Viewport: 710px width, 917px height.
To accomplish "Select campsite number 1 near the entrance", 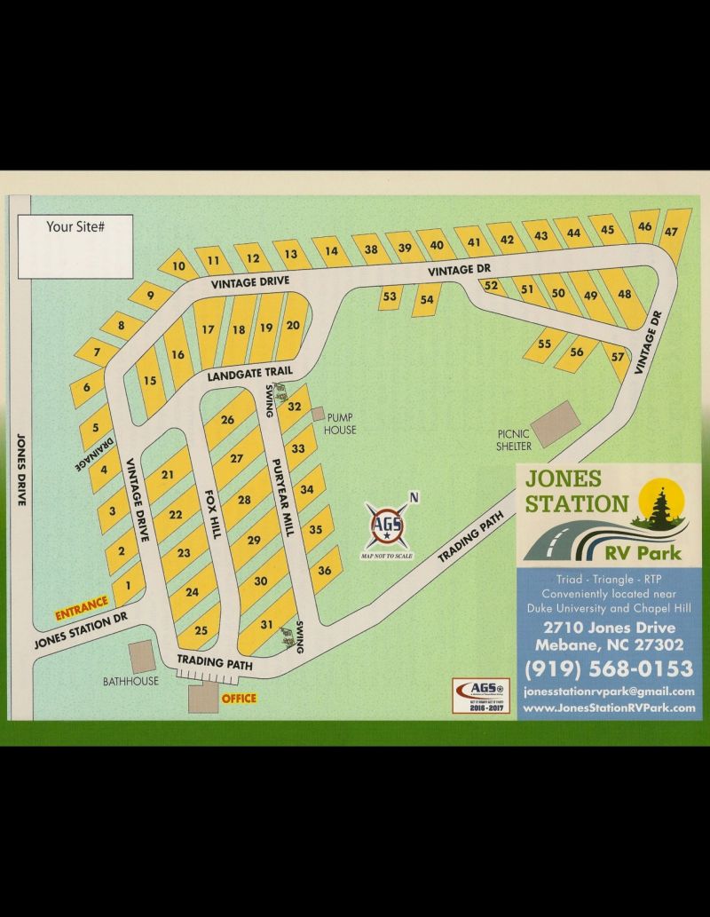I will point(129,585).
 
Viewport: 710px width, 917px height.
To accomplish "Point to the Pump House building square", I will point(318,415).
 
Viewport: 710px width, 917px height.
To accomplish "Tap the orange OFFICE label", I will point(239,699).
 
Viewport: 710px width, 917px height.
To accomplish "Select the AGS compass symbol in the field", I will point(387,525).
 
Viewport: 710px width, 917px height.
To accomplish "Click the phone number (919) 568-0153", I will point(608,668).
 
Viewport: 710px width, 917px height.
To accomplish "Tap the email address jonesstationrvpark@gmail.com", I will point(608,692).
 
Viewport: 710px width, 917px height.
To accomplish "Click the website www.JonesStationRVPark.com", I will point(608,708).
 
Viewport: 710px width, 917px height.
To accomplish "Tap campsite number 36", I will point(325,571).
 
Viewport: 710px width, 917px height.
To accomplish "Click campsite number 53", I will point(390,296).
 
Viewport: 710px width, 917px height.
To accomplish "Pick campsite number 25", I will point(201,630).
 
